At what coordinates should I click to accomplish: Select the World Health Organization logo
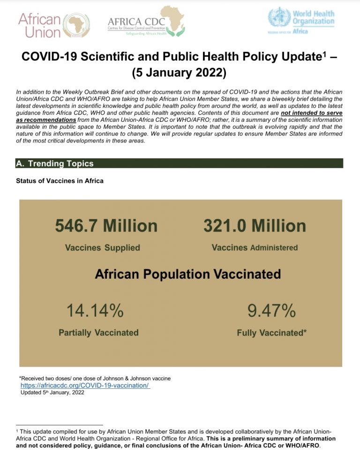tap(301, 19)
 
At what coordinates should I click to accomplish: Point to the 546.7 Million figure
tap(106, 226)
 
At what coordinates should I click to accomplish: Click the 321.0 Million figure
tap(255, 226)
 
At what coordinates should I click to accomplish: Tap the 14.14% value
tap(95, 310)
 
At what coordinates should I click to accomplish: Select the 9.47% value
tap(271, 310)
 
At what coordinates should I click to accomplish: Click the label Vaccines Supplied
tap(102, 248)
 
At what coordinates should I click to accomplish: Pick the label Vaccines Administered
tap(255, 247)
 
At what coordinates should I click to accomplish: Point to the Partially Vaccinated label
tap(98, 333)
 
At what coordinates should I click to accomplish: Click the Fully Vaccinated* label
tap(272, 333)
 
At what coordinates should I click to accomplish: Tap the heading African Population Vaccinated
tap(188, 274)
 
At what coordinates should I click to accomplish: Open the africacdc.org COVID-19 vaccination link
tap(85, 386)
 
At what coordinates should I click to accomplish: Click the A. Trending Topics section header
tap(55, 163)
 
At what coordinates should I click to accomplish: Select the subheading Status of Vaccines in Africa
tap(60, 181)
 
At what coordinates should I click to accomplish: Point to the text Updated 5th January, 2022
tap(52, 393)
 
